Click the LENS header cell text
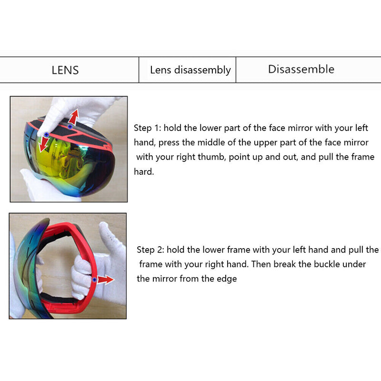(x=65, y=70)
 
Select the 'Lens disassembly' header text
(x=190, y=70)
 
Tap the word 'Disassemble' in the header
(x=301, y=70)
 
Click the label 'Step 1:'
(x=148, y=128)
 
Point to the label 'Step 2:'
(x=150, y=250)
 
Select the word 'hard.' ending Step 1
(x=144, y=172)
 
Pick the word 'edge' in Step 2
(x=227, y=279)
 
